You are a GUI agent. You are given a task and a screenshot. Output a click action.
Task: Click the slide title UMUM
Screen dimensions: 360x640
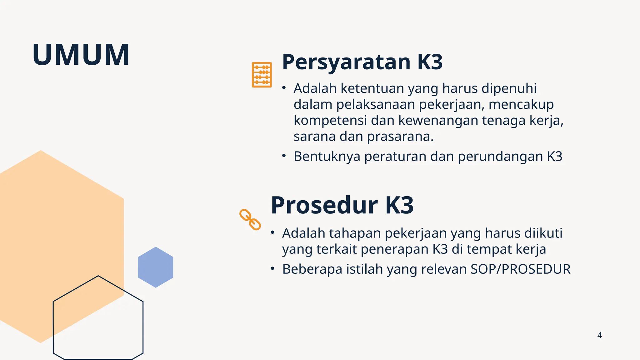pyautogui.click(x=81, y=55)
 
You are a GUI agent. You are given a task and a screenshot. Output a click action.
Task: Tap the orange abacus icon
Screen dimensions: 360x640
pyautogui.click(x=262, y=75)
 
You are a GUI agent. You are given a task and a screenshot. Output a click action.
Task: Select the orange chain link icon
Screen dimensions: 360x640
pyautogui.click(x=250, y=220)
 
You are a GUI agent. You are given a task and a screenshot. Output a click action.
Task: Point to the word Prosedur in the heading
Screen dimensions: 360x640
pyautogui.click(x=324, y=205)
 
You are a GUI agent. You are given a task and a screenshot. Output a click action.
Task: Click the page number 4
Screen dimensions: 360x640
pyautogui.click(x=599, y=335)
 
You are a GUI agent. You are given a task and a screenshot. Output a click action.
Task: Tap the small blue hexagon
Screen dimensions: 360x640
pyautogui.click(x=156, y=267)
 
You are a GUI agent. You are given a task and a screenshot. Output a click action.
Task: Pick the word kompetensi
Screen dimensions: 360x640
pyautogui.click(x=330, y=120)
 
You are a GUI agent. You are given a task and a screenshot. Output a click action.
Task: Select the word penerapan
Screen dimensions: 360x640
pyautogui.click(x=394, y=249)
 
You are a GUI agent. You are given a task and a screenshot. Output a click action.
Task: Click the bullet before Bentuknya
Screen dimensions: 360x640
pyautogui.click(x=284, y=156)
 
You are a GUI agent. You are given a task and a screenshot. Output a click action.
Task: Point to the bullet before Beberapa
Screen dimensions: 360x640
pyautogui.click(x=272, y=268)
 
